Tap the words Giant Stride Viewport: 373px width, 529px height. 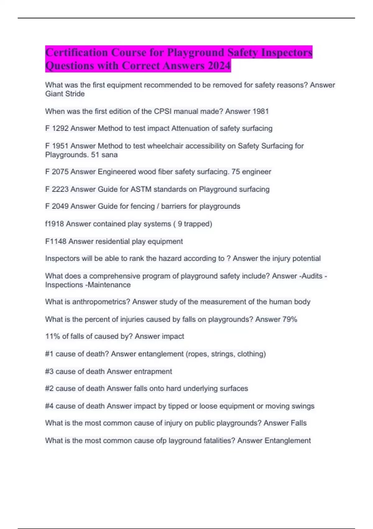click(x=65, y=94)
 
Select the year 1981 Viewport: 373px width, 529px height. click(x=261, y=111)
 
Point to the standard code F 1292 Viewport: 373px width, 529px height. click(x=57, y=128)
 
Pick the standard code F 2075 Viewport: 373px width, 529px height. click(x=57, y=172)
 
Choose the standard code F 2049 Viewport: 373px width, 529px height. click(x=57, y=206)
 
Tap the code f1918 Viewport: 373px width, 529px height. click(x=54, y=224)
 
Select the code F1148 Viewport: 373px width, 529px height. click(x=56, y=241)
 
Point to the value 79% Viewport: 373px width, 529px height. click(x=290, y=319)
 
